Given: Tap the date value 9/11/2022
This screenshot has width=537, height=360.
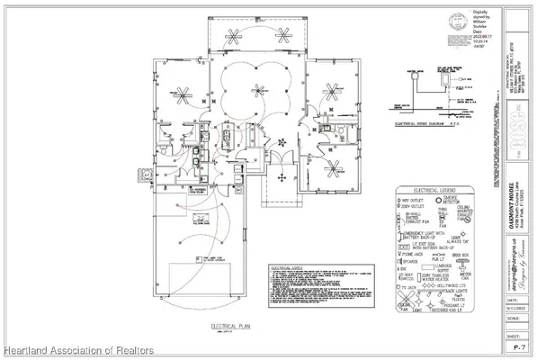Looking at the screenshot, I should point(515,298).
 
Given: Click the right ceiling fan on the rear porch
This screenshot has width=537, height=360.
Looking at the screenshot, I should point(284,36).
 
